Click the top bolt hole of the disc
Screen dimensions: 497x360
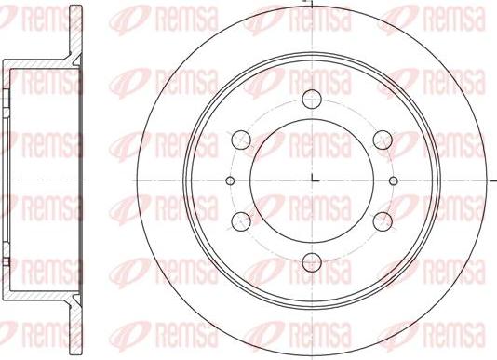click(312, 99)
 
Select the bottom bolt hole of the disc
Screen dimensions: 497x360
click(312, 262)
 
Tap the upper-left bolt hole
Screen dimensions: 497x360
click(241, 140)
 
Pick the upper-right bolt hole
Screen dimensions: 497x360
click(383, 140)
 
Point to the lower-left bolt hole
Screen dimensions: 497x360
click(241, 221)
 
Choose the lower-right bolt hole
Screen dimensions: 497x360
click(383, 221)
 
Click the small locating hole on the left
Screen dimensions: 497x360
click(231, 181)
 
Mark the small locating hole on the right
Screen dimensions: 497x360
click(394, 181)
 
